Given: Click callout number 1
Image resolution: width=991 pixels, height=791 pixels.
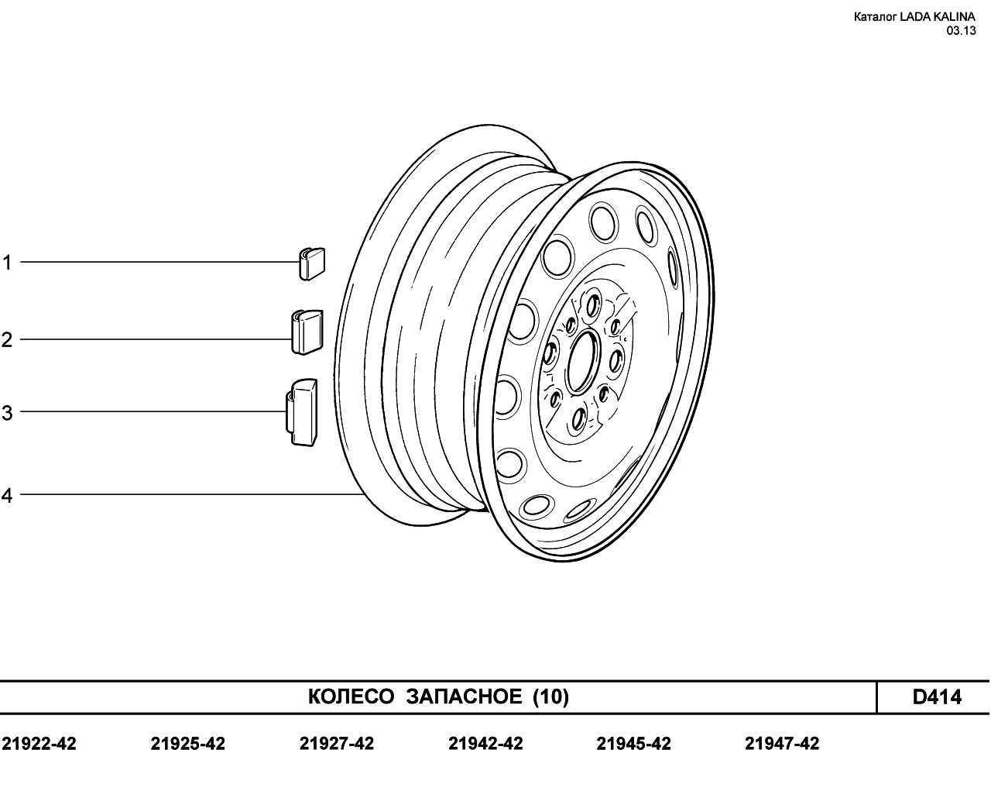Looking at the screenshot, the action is coord(6,263).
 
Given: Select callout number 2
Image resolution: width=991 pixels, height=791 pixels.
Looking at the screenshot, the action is coord(6,340).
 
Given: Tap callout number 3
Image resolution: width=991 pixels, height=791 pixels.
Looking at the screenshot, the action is coord(6,412).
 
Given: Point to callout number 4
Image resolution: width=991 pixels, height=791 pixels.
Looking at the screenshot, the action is coord(6,495).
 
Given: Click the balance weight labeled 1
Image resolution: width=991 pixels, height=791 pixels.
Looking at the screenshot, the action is coord(312,263).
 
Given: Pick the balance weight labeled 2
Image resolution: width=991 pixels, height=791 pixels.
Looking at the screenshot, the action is coord(307,332).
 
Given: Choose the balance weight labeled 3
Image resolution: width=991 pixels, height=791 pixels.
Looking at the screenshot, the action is coord(302,413).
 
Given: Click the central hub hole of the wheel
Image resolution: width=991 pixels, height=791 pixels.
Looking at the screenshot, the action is coord(584,362).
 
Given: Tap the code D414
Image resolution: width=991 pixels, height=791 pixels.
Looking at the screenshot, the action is coord(937,697).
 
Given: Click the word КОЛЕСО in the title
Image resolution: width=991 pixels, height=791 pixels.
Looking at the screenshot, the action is coord(351,697).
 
